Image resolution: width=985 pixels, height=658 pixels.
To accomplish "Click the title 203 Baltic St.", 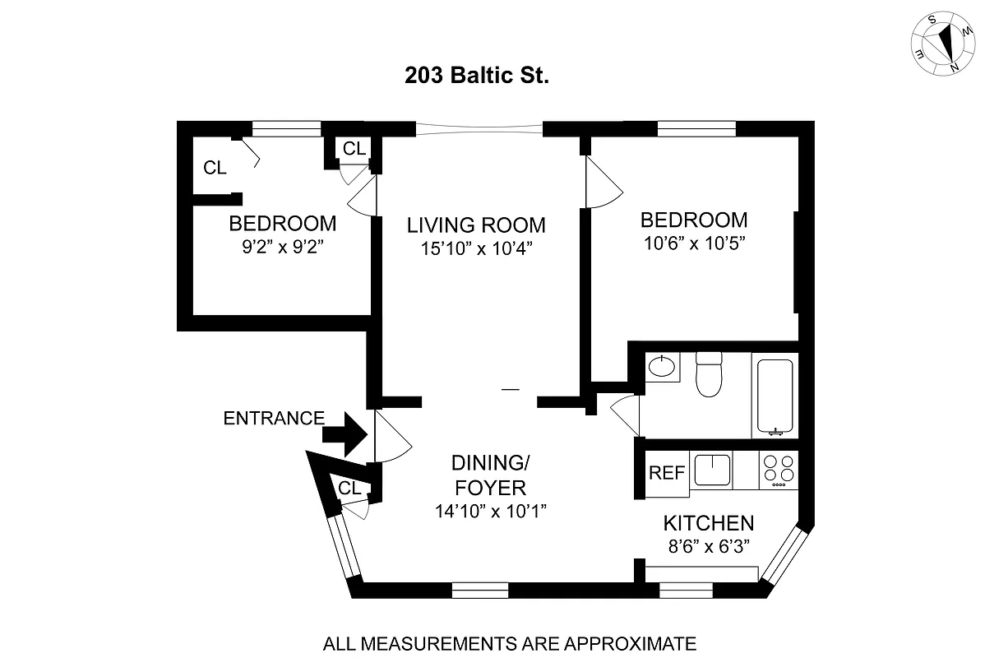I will pos(477,76).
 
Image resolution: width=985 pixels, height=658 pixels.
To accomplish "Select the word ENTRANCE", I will pos(274,418).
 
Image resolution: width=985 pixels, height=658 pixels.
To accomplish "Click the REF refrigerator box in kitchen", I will pos(667,473).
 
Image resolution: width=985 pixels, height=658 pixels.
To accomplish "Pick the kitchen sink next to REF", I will pos(712,470).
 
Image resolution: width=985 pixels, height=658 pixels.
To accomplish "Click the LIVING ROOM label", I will pos(477,225).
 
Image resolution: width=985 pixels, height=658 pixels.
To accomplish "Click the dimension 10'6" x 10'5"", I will pos(694,243).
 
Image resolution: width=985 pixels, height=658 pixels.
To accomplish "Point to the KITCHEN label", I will pos(708,523).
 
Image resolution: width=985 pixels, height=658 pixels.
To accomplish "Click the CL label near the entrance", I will pos(349,488).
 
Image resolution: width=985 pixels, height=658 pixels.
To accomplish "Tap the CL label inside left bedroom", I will pos(215,168).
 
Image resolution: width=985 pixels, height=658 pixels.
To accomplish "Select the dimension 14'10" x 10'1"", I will pos(491,511).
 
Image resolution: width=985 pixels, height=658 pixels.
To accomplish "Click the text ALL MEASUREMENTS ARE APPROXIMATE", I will pos(510,642).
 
